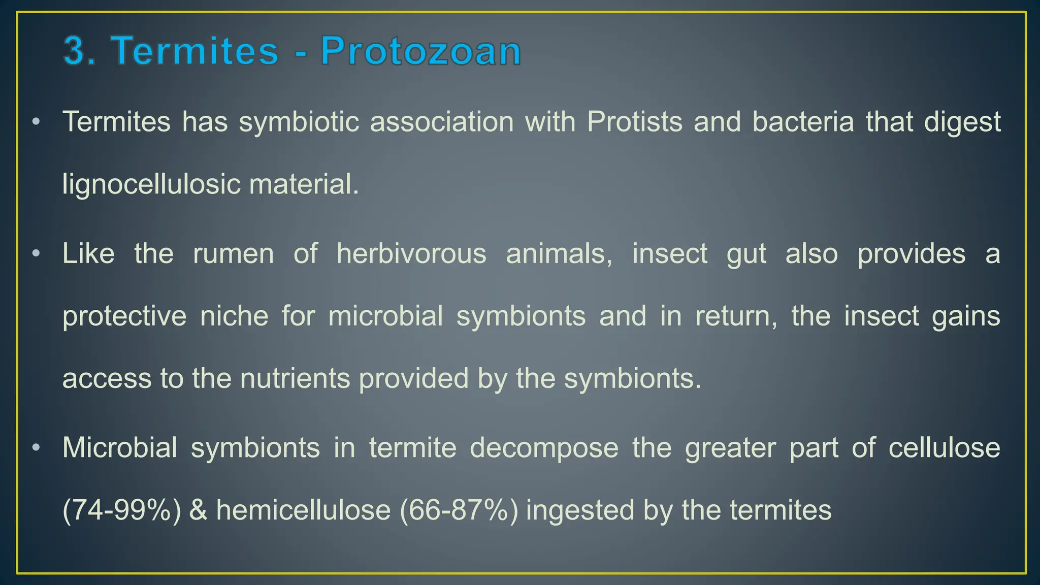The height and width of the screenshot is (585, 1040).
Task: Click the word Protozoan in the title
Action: (420, 51)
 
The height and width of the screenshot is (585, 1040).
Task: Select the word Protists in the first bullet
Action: (634, 122)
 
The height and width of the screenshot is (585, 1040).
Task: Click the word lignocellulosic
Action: (151, 184)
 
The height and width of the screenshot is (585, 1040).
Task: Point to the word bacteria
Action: (803, 122)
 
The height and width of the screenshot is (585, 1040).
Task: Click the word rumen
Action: (234, 253)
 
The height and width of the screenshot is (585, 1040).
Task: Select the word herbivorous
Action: (411, 253)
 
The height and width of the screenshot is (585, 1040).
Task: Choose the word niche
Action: (234, 316)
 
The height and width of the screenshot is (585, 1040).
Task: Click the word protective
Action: (124, 317)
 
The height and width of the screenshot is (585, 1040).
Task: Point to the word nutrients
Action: (295, 379)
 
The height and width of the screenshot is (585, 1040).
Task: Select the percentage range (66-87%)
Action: (459, 510)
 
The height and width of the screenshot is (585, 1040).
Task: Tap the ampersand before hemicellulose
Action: (198, 510)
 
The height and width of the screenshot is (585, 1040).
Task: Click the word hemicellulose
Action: (303, 510)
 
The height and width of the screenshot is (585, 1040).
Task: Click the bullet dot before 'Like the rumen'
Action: (36, 253)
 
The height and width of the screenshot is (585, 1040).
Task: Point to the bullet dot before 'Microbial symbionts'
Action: (36, 448)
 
